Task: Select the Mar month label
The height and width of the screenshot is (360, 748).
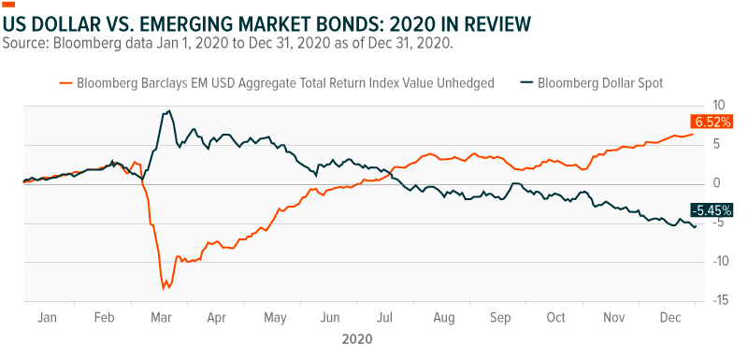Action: click(x=158, y=317)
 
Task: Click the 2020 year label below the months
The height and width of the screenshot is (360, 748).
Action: click(x=358, y=338)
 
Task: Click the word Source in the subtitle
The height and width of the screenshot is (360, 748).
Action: click(x=29, y=43)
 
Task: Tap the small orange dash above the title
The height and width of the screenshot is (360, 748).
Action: click(x=9, y=6)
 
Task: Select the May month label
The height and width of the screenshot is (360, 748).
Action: click(x=274, y=317)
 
